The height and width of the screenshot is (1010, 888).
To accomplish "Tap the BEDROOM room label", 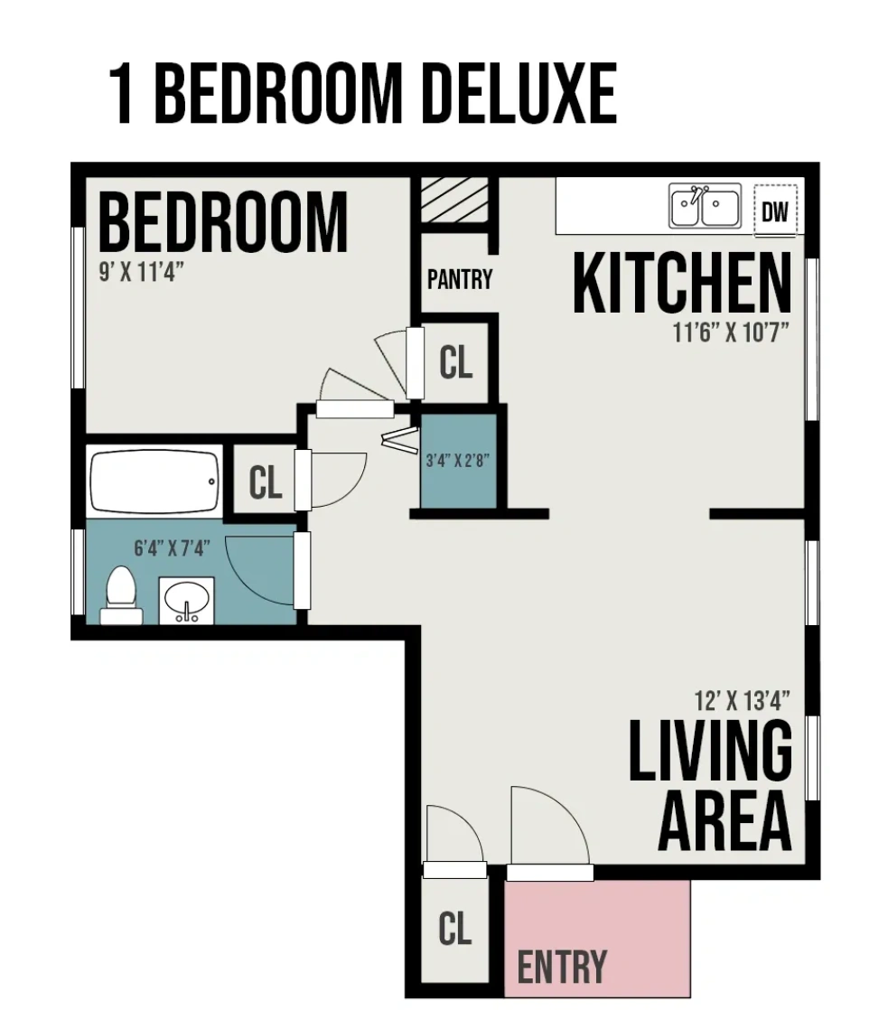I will point(222,222).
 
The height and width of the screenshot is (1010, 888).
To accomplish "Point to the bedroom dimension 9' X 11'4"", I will point(141,272).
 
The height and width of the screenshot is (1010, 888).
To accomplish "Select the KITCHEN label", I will point(682,284).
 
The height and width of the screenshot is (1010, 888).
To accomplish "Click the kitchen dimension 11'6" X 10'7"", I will point(731,332).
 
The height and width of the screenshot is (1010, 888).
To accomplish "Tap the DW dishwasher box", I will point(775,212).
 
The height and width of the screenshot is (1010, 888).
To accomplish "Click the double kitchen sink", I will point(705,206).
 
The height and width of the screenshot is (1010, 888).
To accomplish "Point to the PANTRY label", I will point(460,279).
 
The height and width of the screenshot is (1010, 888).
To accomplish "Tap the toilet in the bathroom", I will point(120,596).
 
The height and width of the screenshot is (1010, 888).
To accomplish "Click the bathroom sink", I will point(187,600).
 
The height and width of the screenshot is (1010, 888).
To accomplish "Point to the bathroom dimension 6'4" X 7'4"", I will point(172,547).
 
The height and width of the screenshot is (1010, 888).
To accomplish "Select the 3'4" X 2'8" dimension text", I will point(457,460).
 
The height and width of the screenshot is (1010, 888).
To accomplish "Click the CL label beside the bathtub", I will point(266,483).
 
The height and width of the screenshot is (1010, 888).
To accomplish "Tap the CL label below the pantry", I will point(455,362).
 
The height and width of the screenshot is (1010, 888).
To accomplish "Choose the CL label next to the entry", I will point(454,928).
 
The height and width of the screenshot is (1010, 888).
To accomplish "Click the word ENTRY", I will point(562,967).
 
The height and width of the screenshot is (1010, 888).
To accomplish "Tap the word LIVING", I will point(710,751).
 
